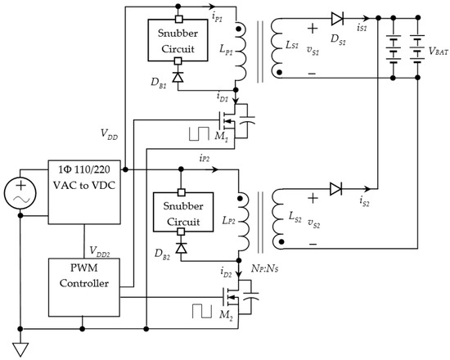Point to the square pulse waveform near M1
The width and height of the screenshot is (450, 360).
coord(199,133)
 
